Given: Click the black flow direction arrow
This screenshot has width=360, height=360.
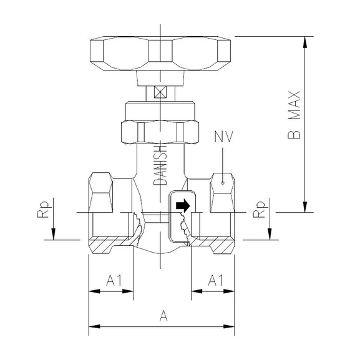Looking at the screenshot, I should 182,205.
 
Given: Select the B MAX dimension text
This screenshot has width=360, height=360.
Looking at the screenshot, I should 294,115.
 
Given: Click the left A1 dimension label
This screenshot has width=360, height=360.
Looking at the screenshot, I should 113,280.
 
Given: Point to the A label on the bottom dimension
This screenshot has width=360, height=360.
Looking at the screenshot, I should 163,316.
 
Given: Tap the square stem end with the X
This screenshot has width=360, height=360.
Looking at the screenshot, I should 160,92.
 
